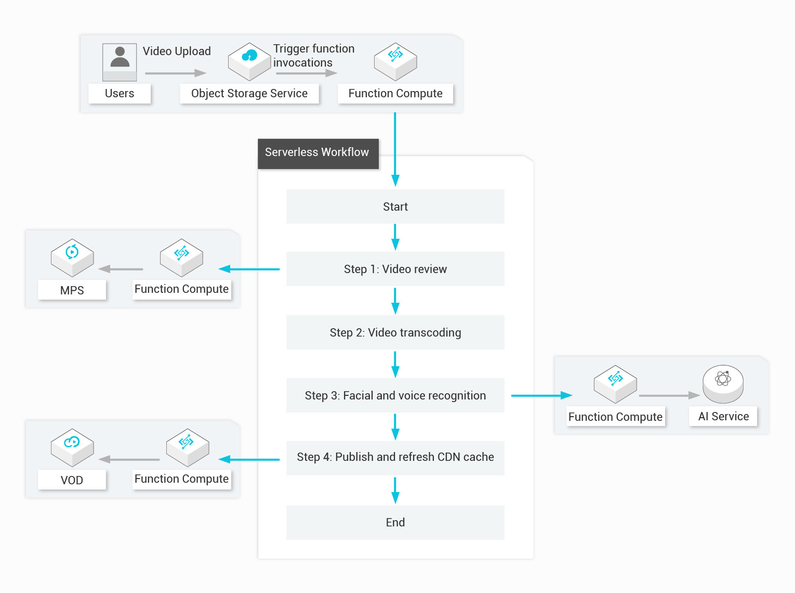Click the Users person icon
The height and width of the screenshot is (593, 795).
120,62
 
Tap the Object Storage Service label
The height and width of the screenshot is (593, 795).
249,94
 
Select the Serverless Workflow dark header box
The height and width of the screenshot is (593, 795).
317,153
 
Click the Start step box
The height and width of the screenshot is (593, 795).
395,207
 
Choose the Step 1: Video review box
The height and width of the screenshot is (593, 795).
395,269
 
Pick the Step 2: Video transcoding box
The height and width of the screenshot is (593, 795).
395,332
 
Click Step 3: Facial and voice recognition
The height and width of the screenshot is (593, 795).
395,395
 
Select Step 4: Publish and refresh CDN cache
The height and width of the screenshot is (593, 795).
395,457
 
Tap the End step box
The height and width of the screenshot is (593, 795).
395,522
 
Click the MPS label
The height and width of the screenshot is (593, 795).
72,290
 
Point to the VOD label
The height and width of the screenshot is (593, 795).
72,480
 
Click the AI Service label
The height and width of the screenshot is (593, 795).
723,417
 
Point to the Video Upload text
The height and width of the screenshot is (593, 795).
177,51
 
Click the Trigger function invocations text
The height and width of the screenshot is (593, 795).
313,56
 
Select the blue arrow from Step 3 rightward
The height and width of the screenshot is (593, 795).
541,396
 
